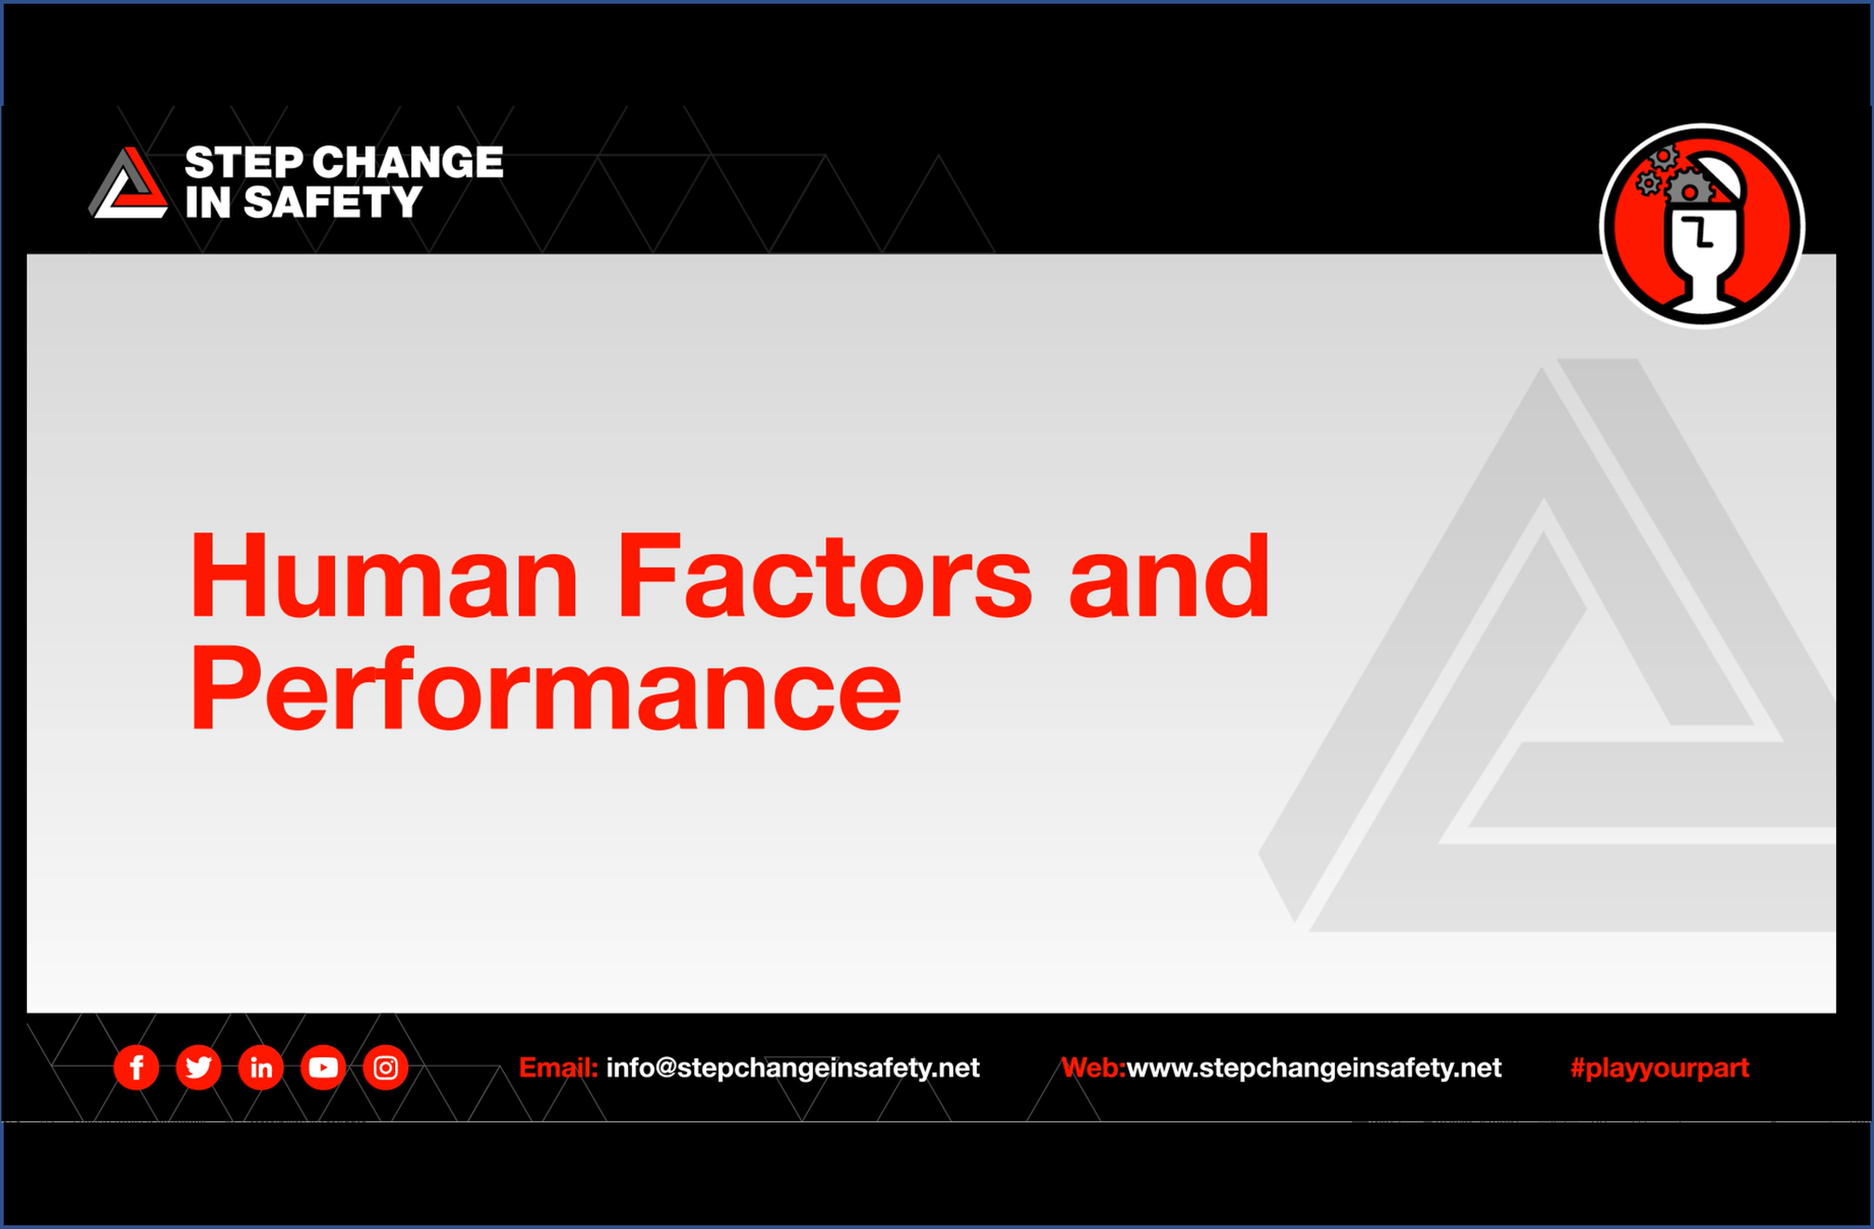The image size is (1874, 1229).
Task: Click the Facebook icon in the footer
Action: [x=136, y=1068]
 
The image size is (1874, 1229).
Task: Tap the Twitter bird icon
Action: [x=199, y=1068]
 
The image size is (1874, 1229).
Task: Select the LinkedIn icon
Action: [x=260, y=1068]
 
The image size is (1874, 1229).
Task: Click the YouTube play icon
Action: [x=323, y=1068]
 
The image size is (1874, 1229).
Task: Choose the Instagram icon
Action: [x=385, y=1068]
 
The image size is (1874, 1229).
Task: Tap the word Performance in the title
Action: [x=545, y=689]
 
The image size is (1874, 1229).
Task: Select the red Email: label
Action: [x=558, y=1068]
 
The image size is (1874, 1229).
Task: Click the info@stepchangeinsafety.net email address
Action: [x=792, y=1068]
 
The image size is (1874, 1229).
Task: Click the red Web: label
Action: [x=1093, y=1068]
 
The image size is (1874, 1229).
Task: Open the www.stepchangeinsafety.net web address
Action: [x=1313, y=1068]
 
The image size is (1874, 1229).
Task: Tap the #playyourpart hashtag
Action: [x=1659, y=1068]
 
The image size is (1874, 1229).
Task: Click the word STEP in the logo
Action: [x=244, y=163]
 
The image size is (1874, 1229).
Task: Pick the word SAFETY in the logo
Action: [x=333, y=202]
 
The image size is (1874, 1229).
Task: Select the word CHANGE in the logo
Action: [x=412, y=163]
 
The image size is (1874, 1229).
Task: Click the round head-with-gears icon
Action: [x=1703, y=226]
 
